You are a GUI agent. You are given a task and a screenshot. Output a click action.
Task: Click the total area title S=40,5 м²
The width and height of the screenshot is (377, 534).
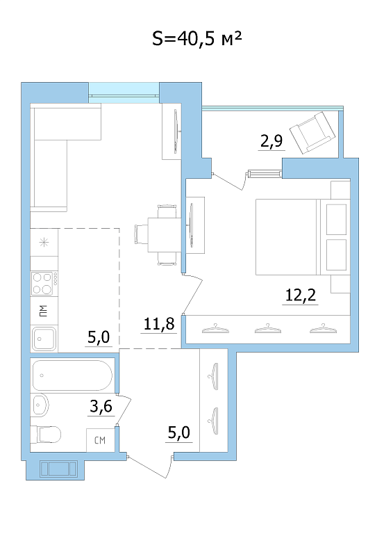[196, 38]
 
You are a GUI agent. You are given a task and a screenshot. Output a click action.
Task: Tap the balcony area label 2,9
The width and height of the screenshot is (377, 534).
[271, 140]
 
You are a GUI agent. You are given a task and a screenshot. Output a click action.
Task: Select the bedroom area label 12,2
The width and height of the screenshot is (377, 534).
[301, 295]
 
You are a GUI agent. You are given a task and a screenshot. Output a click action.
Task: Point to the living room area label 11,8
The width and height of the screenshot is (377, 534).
[159, 323]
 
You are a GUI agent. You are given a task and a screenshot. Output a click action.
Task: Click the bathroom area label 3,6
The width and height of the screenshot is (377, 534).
[101, 406]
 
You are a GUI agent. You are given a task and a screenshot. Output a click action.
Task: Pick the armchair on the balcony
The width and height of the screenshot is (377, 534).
[312, 133]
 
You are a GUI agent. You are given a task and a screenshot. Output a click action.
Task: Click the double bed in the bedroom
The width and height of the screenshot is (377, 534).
[303, 237]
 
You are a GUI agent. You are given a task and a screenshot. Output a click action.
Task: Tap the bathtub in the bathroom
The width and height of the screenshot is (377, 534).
[72, 375]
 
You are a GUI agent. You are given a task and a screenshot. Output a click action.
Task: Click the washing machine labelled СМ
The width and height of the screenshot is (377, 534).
[100, 440]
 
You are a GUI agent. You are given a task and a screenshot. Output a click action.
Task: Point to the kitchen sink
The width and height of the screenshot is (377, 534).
[44, 339]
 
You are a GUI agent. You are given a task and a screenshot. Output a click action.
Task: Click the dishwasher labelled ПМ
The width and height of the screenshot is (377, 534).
[44, 311]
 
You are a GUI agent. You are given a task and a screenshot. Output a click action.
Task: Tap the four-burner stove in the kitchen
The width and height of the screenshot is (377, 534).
[44, 283]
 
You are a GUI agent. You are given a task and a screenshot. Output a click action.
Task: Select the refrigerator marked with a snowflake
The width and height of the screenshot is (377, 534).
[44, 243]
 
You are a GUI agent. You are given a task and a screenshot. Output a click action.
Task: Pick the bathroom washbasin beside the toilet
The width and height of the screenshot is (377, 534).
[40, 405]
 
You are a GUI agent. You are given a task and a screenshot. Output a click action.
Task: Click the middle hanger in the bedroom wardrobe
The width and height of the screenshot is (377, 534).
[268, 329]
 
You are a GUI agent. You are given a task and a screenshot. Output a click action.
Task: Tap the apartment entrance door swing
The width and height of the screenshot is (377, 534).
[150, 467]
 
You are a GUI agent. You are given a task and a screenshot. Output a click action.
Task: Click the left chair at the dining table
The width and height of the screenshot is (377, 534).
[142, 234]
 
